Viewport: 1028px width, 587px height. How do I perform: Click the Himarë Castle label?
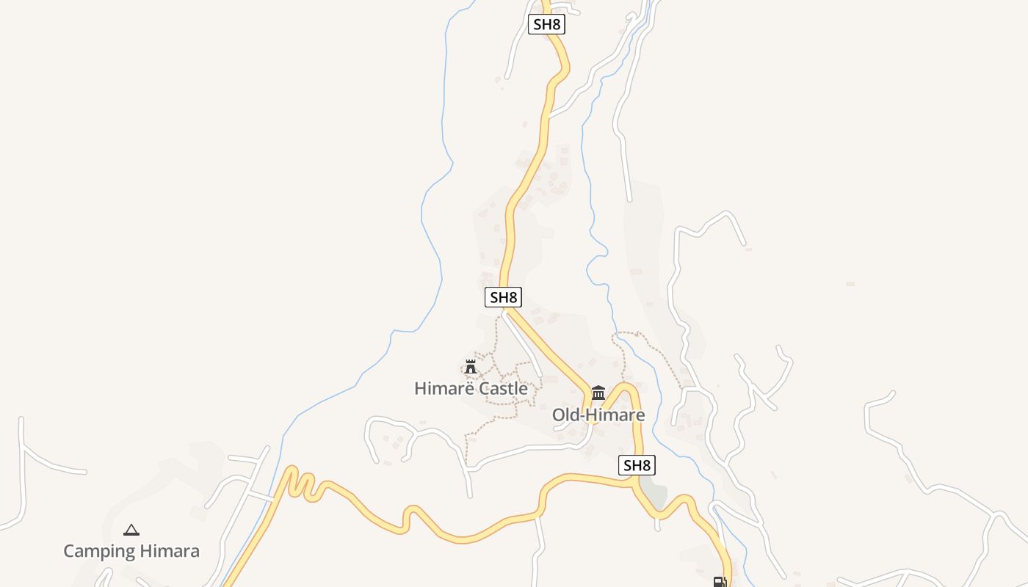[471, 388]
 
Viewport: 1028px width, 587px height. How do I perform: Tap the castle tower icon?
[471, 366]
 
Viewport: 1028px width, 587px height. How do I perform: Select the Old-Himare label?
[598, 415]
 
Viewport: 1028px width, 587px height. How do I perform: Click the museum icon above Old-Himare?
[598, 393]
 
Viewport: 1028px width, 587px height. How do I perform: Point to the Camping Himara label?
[131, 551]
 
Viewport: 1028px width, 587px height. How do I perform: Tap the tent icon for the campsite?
[131, 530]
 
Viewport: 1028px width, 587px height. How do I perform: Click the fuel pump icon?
[720, 582]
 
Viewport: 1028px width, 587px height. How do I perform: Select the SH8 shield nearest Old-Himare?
[637, 465]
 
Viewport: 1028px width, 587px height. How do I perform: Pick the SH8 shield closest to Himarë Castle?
[504, 297]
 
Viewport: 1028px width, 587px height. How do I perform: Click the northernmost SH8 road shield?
[547, 24]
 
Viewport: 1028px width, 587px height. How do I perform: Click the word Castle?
[503, 388]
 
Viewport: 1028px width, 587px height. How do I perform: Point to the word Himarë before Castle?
[444, 388]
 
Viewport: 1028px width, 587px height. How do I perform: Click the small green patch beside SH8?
[657, 495]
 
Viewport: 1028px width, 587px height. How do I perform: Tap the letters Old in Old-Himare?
[565, 415]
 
